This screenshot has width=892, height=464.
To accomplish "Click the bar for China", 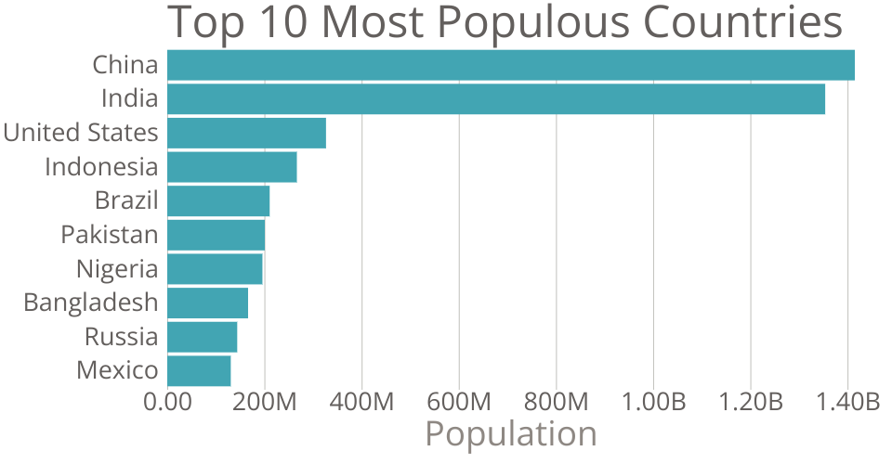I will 511,65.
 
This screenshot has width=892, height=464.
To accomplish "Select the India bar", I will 496,99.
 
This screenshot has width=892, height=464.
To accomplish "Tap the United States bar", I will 246,133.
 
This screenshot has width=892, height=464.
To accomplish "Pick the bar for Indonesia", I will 232,167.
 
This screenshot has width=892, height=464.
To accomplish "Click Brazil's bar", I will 218,200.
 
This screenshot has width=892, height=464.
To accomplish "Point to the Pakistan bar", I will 216,235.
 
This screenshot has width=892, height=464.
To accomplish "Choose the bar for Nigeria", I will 215,269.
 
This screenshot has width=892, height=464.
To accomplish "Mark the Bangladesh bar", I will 207,303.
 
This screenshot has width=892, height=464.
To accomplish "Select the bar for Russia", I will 202,337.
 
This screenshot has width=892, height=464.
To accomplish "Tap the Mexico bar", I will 199,370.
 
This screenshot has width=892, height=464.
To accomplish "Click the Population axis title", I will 510,433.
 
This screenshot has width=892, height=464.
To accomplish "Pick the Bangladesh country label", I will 91,303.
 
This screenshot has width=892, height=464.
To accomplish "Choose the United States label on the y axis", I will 81,133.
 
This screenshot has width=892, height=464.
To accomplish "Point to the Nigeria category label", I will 117,269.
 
